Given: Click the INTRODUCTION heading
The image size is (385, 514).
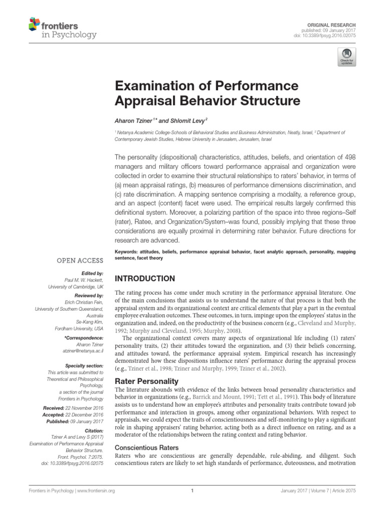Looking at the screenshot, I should [145, 278].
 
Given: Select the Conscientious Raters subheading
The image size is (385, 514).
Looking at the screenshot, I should [147, 447].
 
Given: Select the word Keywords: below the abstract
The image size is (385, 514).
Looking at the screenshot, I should [127, 251].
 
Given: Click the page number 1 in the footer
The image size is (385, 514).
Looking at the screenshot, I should [192, 491].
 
